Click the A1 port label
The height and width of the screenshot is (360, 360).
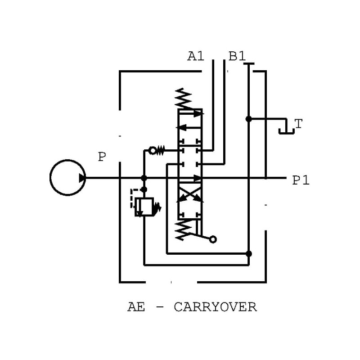196,57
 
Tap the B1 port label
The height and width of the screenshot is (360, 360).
237,57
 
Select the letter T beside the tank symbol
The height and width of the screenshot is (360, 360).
298,124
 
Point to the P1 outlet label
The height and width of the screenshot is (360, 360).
301,180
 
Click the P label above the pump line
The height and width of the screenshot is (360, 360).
102,157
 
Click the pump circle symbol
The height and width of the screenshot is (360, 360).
67,177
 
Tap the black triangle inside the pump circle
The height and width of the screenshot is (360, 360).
82,178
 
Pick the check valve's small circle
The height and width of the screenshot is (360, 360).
153,150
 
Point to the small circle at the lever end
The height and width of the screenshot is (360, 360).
213,239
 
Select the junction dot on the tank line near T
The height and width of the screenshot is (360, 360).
248,119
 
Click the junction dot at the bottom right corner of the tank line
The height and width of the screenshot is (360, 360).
248,254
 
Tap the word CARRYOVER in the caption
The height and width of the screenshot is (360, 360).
215,307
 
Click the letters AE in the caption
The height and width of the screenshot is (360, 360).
136,307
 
